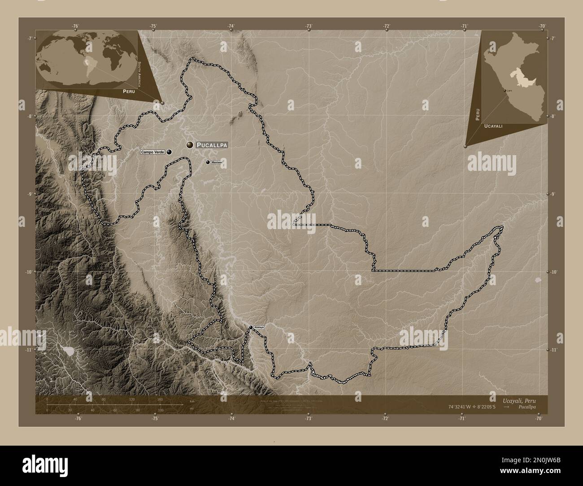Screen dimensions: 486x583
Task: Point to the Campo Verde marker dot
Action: (169, 152)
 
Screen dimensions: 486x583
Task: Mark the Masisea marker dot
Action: (208, 162)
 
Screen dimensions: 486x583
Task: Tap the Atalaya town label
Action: (259, 327)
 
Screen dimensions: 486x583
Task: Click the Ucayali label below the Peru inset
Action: (493, 127)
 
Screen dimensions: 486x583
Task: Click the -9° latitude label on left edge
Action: (30, 194)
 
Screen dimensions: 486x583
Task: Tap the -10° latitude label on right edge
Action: (553, 272)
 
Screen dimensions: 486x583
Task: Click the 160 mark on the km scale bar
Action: (160, 399)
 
